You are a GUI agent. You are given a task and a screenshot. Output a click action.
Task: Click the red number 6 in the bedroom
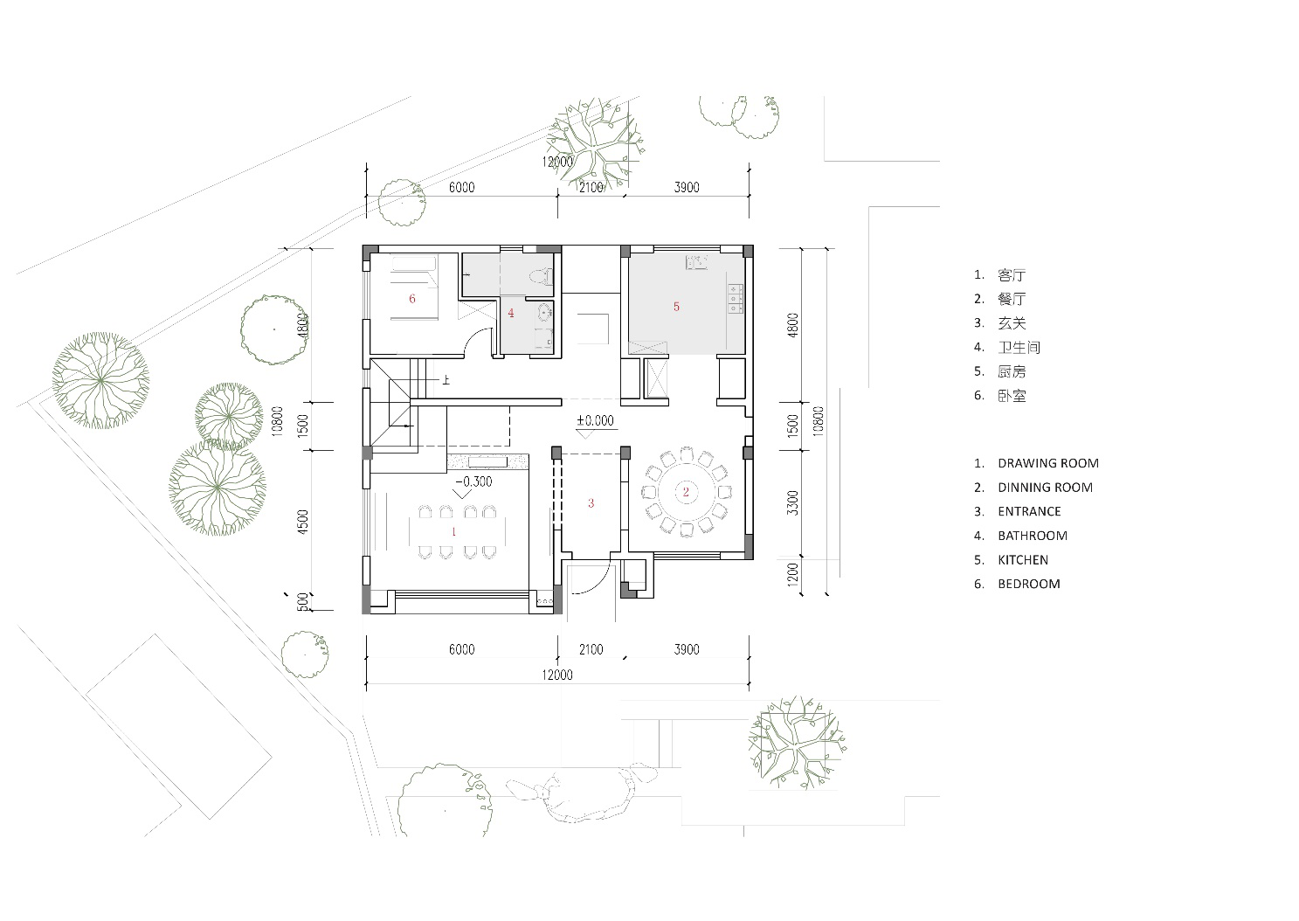point(411,299)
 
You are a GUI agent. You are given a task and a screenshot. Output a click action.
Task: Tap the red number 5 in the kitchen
point(676,307)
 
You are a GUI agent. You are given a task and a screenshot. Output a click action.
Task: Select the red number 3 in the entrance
point(591,502)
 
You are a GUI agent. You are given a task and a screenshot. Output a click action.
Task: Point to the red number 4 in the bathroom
point(511,313)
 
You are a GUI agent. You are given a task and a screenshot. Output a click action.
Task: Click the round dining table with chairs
point(686,492)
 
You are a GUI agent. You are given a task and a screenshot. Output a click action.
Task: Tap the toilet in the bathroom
point(541,276)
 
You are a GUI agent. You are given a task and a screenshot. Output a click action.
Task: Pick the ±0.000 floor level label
point(595,420)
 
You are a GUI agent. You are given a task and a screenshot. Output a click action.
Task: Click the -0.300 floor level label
point(473,481)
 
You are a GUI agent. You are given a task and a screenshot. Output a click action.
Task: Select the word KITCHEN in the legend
point(1023,559)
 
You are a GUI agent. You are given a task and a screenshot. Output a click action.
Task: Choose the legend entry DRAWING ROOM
point(1048,463)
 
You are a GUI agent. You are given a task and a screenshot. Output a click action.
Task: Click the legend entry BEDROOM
point(1029,584)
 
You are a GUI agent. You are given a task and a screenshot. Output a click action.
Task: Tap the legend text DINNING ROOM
point(1045,488)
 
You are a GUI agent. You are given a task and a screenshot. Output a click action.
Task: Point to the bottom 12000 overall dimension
point(557,675)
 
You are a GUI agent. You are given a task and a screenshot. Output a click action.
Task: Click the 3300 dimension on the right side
point(792,502)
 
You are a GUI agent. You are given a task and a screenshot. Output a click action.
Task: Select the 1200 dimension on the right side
point(792,574)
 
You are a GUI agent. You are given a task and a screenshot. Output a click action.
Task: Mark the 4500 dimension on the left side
point(302,522)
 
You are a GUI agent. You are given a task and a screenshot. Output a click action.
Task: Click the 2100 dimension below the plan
point(591,649)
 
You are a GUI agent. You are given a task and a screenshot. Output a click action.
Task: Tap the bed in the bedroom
point(414,287)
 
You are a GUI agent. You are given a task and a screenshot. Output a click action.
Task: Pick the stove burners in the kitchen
point(736,299)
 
